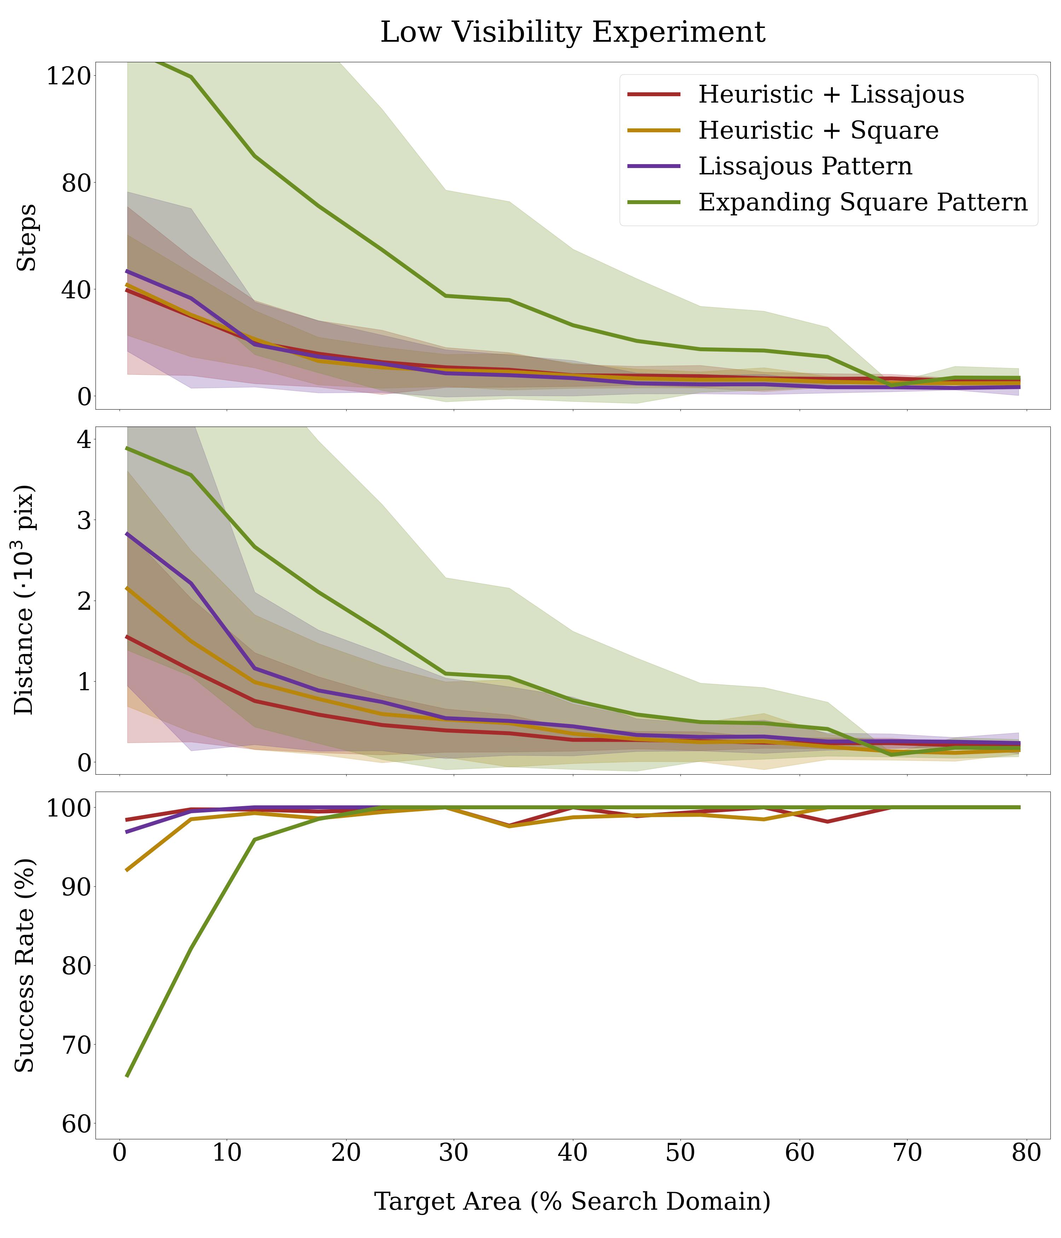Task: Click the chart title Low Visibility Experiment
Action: pyautogui.click(x=572, y=32)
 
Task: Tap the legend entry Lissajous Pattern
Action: pyautogui.click(x=805, y=166)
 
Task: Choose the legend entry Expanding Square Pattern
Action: pyautogui.click(x=863, y=202)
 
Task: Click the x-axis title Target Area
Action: pyautogui.click(x=572, y=1201)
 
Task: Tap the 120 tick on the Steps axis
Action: pyautogui.click(x=68, y=76)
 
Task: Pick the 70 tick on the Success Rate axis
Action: pyautogui.click(x=76, y=1045)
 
